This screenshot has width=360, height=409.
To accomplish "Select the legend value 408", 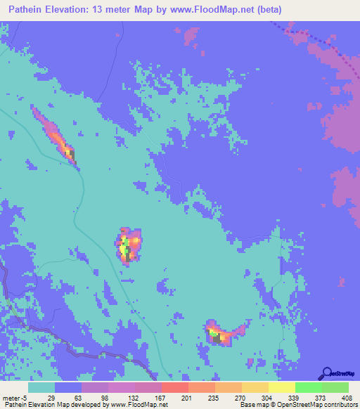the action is tap(347, 397).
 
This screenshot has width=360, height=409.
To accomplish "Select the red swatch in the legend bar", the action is tap(174, 387).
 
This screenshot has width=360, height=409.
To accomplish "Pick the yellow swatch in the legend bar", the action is tap(281, 387).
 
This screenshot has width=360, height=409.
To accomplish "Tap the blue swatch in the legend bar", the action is tap(67, 387).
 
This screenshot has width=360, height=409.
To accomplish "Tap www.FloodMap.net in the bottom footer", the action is tap(137, 405).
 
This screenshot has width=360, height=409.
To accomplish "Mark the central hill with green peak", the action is tap(127, 245).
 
